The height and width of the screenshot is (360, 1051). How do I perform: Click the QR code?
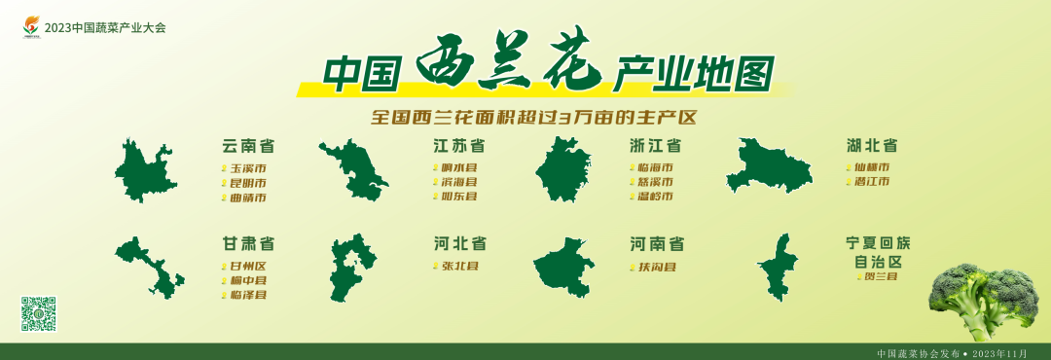pyautogui.click(x=38, y=313)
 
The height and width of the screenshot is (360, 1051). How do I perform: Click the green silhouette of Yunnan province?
pyautogui.click(x=145, y=171)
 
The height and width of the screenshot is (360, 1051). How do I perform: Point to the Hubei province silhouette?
pyautogui.click(x=769, y=166)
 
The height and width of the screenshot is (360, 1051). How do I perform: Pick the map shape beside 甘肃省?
pyautogui.click(x=151, y=266)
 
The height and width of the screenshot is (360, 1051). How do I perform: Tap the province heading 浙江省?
pyautogui.click(x=655, y=146)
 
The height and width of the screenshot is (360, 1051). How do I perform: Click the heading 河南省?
pyautogui.click(x=657, y=243)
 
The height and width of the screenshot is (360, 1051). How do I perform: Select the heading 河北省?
pyautogui.click(x=460, y=243)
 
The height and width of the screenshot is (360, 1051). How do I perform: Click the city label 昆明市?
pyautogui.click(x=247, y=183)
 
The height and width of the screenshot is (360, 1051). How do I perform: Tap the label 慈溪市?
pyautogui.click(x=655, y=182)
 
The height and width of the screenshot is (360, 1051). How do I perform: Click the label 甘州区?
pyautogui.click(x=247, y=266)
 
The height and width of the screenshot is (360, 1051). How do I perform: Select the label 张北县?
pyautogui.click(x=459, y=266)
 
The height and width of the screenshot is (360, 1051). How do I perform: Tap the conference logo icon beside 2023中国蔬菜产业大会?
pyautogui.click(x=32, y=27)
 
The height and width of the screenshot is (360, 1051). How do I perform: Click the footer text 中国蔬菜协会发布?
pyautogui.click(x=918, y=353)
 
